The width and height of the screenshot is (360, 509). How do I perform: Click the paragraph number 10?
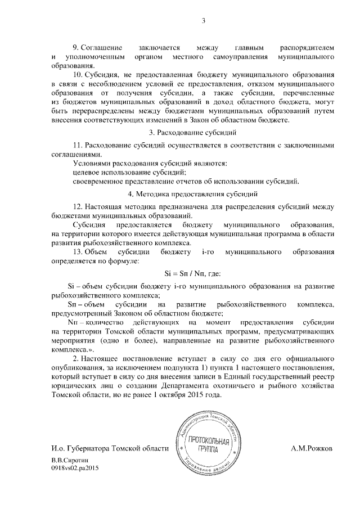78,74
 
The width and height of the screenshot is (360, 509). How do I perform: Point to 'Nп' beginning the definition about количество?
71,323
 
